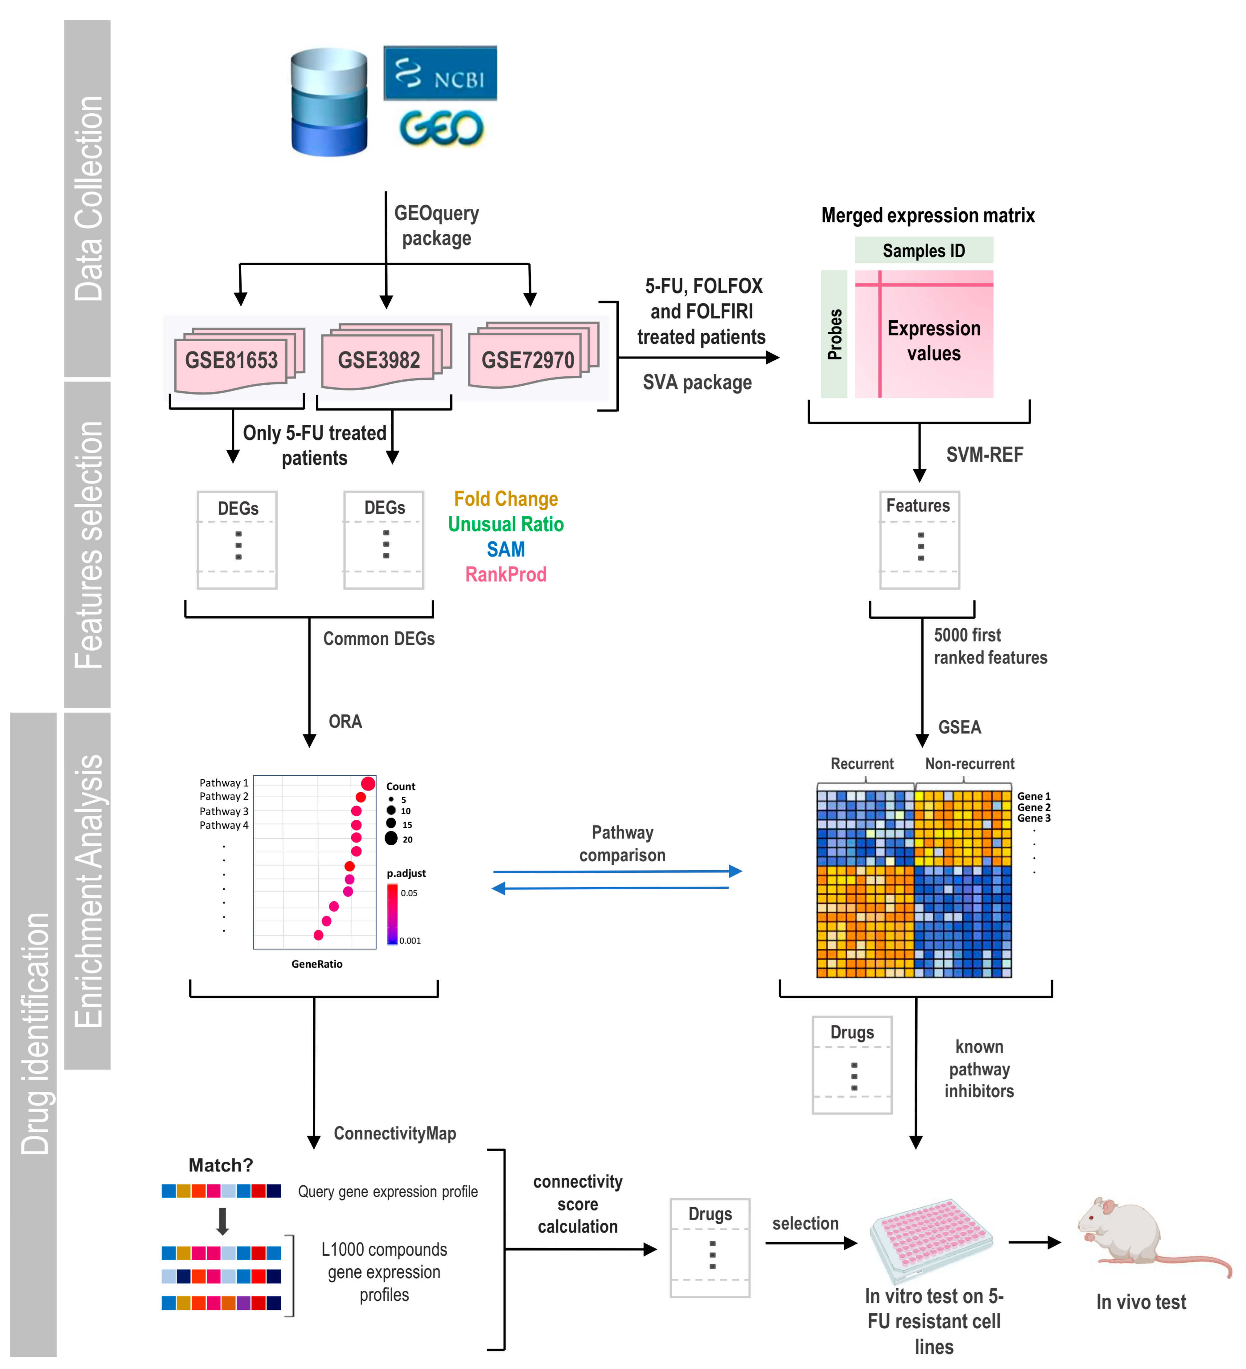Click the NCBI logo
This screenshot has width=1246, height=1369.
pos(440,73)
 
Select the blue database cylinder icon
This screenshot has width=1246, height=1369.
pos(329,102)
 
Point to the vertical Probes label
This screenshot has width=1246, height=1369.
pos(834,334)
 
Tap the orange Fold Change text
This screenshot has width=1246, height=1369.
pos(506,499)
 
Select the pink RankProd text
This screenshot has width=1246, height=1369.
pos(506,575)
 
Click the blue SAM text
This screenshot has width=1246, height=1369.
pos(506,549)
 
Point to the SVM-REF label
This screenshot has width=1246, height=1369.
pos(985,454)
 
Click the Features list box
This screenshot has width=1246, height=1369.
pos(919,540)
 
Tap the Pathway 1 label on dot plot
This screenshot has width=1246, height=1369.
pos(223,783)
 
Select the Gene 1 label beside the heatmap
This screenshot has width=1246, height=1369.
pos(1033,796)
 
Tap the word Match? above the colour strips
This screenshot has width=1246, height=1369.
pos(221,1165)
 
